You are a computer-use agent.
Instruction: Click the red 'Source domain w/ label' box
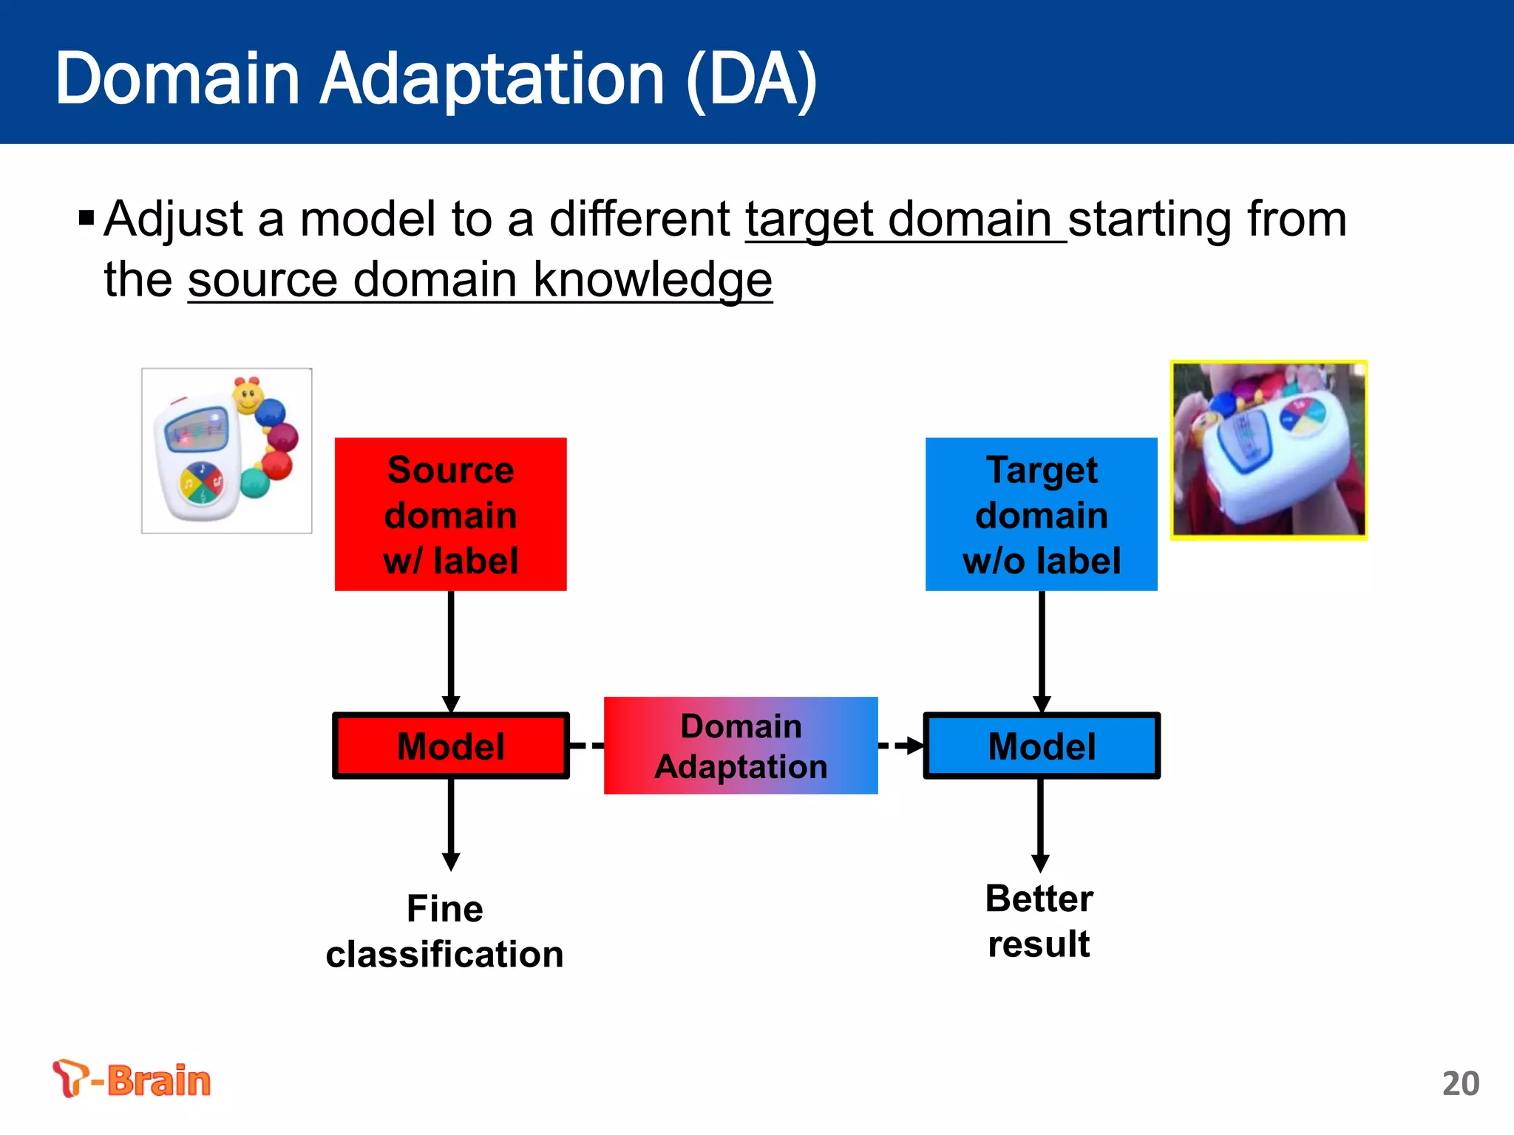450,514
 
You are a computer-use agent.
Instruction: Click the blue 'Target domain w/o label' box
1041,514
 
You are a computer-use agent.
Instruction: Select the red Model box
450,746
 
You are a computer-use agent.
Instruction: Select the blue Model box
1041,746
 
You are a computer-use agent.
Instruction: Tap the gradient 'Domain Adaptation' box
741,746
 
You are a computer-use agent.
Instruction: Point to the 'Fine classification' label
444,931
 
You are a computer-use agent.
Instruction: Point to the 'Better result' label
1039,921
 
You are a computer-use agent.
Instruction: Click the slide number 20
1460,1083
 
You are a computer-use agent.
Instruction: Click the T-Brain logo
132,1079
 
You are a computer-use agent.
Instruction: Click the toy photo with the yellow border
1269,450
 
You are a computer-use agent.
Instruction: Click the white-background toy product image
226,450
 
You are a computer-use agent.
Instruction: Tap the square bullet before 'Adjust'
86,218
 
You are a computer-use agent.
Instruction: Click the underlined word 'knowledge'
652,280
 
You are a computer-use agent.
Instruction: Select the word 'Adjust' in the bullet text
174,219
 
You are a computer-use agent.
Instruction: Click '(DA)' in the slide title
751,79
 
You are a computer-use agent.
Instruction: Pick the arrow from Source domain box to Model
450,650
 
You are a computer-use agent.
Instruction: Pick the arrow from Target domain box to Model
1041,650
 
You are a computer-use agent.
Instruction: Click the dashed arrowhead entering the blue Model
914,746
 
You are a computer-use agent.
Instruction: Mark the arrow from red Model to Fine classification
450,824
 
